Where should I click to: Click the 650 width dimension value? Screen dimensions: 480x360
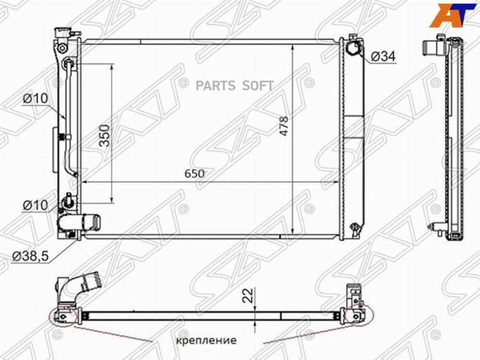pos(194,173)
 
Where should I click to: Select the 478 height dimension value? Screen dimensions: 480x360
pos(284,126)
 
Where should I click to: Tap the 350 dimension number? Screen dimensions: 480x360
pos(105,135)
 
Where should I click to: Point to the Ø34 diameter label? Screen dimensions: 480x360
pos(383,57)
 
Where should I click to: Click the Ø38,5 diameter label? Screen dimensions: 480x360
pos(30,256)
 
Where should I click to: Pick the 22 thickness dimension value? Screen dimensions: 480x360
pos(248,295)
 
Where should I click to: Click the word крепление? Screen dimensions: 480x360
pos(206,340)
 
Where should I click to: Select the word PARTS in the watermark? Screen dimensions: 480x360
pos(215,86)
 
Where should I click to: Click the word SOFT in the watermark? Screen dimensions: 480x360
pos(258,86)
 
